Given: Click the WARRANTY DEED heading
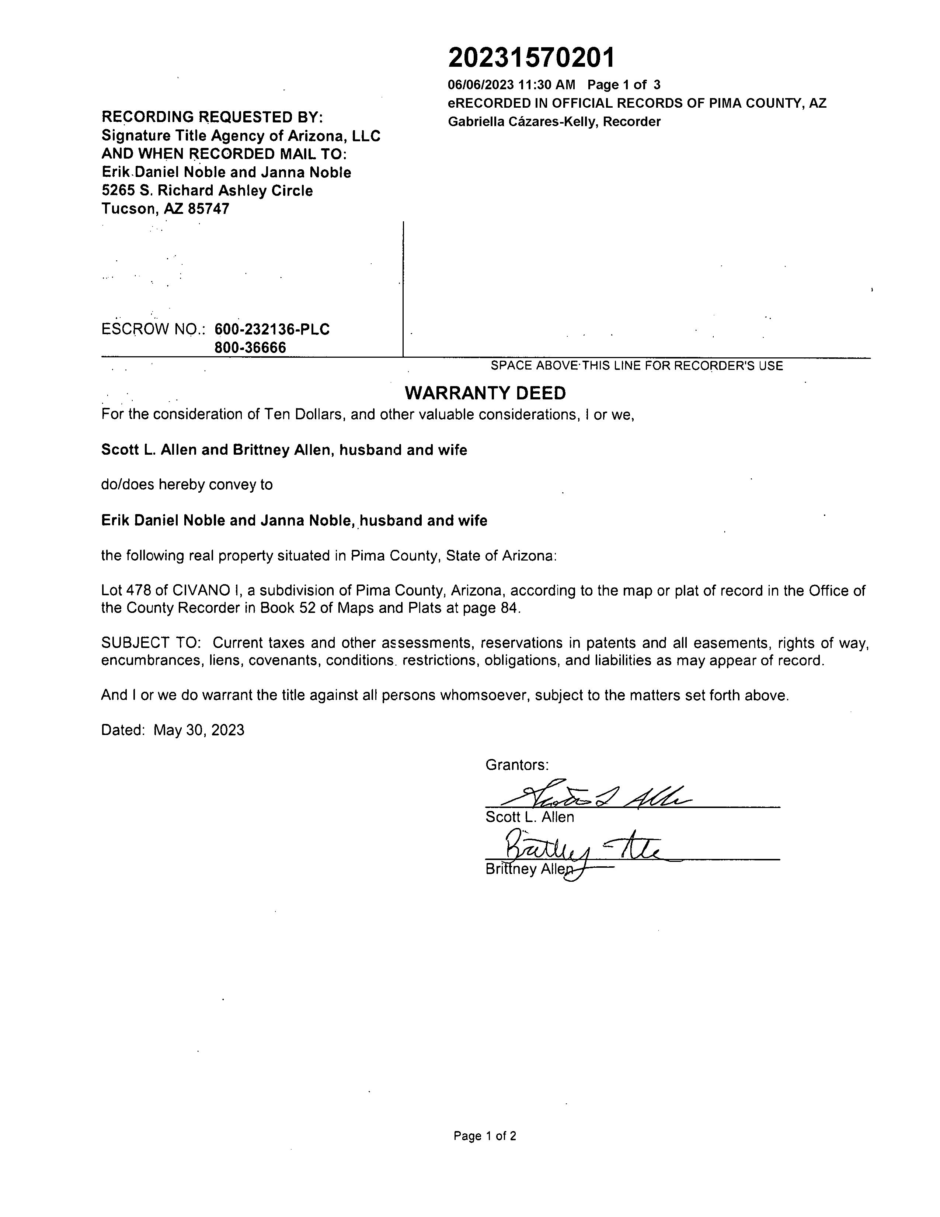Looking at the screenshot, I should (x=485, y=393).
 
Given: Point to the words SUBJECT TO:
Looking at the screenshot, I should (x=151, y=643).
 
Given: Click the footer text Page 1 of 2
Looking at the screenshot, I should (x=484, y=1135).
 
